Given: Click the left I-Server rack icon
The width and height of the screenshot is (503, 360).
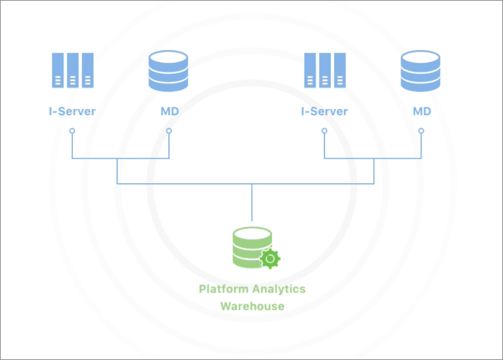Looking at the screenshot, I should coord(72,70).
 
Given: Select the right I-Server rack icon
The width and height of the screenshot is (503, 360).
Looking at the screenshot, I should coord(324,70).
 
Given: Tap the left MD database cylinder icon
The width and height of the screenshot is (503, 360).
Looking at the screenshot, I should coord(168,70).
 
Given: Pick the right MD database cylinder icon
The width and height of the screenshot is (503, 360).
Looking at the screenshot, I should coord(420,70).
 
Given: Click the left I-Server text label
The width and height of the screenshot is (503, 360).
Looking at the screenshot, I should coord(72,111).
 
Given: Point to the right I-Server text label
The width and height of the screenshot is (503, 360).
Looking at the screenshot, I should coord(324,111).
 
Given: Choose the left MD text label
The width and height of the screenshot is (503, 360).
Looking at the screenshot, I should coord(170,111).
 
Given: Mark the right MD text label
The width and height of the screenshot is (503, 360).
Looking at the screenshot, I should coord(422,111).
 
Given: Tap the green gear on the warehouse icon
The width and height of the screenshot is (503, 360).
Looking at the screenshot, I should coord(270,259).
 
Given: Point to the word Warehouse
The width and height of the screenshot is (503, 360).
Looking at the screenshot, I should coord(252,306).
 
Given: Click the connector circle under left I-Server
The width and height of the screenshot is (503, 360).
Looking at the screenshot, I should coord(72,131).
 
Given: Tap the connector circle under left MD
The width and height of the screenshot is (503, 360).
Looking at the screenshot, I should coord(169,131).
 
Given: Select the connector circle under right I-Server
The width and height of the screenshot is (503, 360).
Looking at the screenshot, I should coord(324,131).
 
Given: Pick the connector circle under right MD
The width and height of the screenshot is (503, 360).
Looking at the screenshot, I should coord(421,131).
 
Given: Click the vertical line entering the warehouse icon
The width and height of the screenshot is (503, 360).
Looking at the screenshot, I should coord(252,205).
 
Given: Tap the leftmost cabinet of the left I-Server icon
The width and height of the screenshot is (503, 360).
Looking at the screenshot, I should coord(58,70).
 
